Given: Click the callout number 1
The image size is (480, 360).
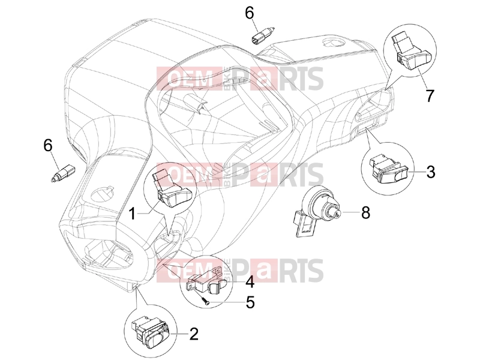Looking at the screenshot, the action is (132, 214).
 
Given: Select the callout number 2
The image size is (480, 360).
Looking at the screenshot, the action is (194, 334).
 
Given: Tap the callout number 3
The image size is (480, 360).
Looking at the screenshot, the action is (430, 172).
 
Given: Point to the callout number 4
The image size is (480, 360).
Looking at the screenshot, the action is (250, 281).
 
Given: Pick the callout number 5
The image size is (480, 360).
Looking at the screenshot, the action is (250, 302).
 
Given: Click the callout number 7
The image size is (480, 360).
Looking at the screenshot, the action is (430, 96).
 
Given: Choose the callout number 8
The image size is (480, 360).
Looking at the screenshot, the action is (365, 212).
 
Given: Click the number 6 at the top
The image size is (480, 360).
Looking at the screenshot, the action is (249, 13).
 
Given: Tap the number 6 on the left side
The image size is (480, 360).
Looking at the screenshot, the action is (48, 145).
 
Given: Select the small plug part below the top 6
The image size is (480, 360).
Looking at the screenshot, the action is (260, 35).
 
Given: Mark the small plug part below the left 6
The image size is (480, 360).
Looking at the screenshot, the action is (62, 173).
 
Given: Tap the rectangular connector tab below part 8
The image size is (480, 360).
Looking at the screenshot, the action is (305, 225).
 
